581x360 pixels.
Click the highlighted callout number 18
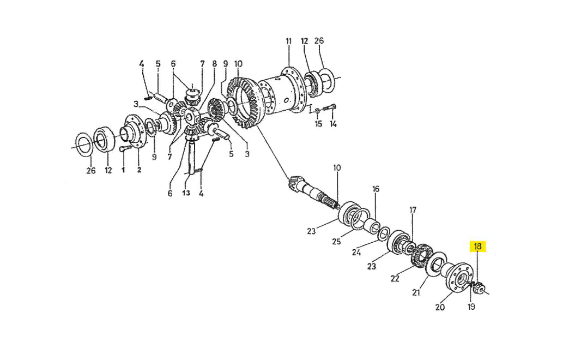coord(477,246)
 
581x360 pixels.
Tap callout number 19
coord(471,307)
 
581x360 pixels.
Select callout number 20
coord(440,307)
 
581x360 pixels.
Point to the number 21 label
coord(416,292)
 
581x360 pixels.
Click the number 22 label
coord(395,278)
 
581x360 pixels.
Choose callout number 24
coord(356,253)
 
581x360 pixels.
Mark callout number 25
coord(336,241)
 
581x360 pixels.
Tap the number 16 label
coord(376,189)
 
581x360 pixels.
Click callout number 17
coord(413,210)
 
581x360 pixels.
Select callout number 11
coord(289,41)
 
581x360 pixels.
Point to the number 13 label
coord(186,193)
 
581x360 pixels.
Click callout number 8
coord(214,64)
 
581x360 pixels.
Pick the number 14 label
coord(333,124)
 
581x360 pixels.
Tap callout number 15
coord(318,124)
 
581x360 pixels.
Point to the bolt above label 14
coord(329,107)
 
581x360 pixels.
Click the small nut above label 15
coord(318,111)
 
